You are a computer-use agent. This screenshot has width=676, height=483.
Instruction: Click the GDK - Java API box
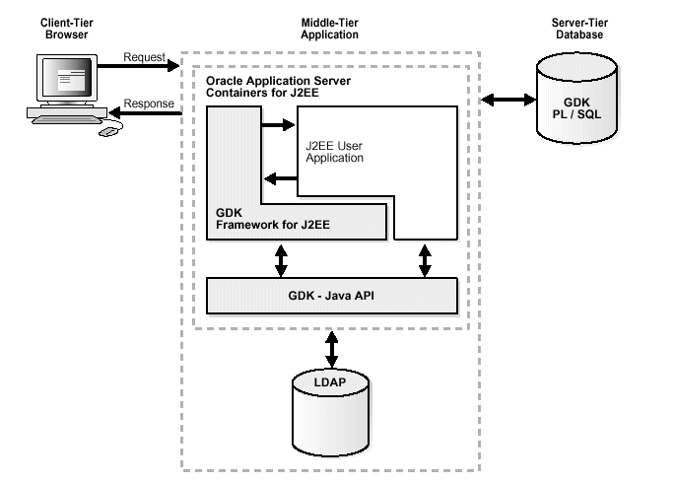pos(332,295)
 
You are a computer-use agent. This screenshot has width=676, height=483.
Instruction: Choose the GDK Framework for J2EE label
pos(273,219)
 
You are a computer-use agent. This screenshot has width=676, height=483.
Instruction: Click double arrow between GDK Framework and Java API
pos(282,259)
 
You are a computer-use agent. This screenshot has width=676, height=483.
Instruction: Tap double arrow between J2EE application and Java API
pos(425,259)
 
